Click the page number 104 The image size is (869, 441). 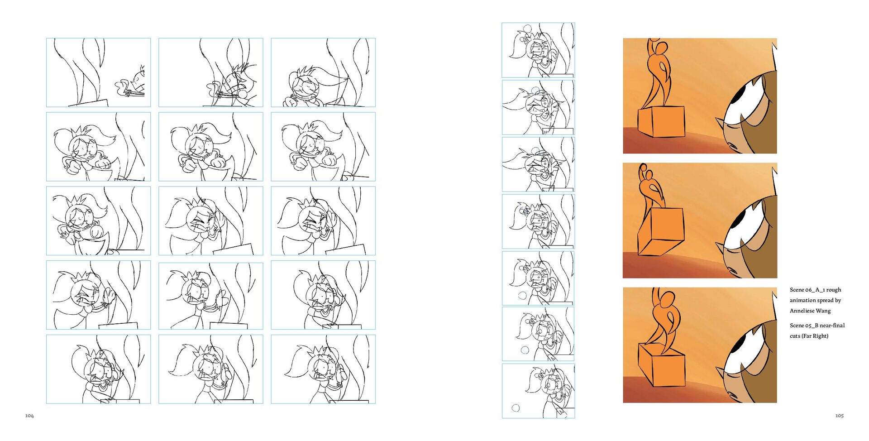(x=29, y=416)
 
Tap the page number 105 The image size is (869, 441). (x=840, y=416)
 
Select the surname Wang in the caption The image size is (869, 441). (x=823, y=311)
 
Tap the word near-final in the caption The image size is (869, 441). (x=832, y=326)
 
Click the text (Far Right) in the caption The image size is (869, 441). (x=815, y=336)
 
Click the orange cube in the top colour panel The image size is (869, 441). (x=661, y=121)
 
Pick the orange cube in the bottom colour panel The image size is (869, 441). (x=661, y=365)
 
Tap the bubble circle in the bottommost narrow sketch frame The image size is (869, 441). (x=516, y=408)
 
